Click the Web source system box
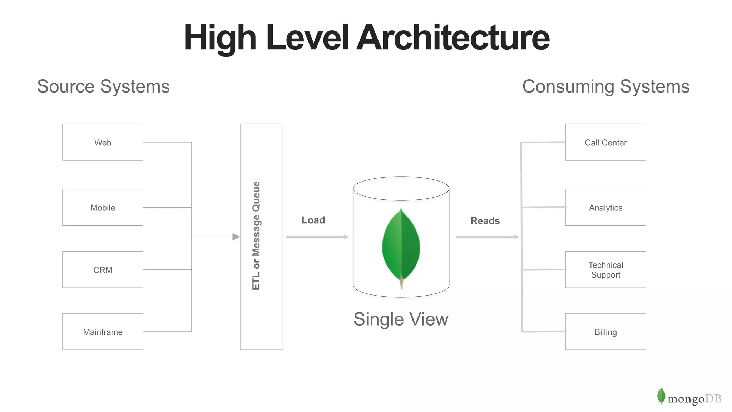pos(103,142)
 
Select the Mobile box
pos(103,207)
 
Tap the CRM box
pos(103,269)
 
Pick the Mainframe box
pos(103,332)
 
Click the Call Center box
pos(605,142)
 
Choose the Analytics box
pos(605,207)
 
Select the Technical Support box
pos(605,269)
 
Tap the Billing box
pos(605,332)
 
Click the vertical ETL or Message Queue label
pos(256,236)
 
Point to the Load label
pos(313,220)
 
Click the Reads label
pos(485,221)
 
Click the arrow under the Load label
pos(317,237)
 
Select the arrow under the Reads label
pos(487,237)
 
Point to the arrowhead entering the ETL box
pos(236,237)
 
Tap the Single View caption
pos(401,319)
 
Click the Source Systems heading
pos(103,86)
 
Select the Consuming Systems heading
pos(606,86)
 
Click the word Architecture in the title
pos(453,38)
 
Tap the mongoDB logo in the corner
pos(689,397)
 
